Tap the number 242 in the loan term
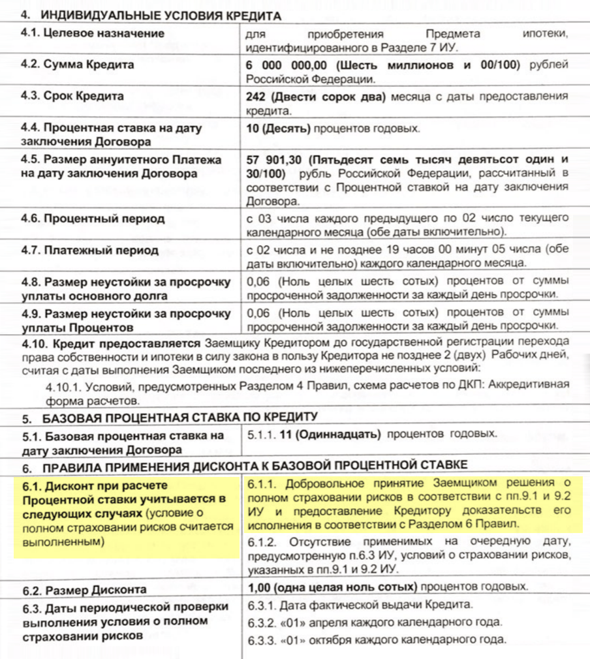coord(256,97)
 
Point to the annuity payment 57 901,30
coord(274,159)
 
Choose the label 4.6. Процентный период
coord(92,219)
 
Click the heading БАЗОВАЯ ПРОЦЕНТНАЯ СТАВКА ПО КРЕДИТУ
coord(179,416)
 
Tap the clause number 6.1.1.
coord(262,483)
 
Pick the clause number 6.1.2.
coord(262,543)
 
